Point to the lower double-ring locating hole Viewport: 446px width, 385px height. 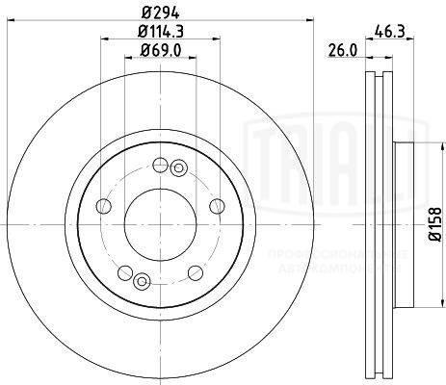click(x=142, y=281)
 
